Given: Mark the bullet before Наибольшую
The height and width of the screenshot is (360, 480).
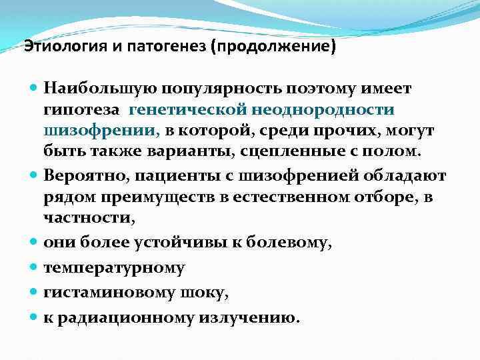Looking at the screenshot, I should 34,88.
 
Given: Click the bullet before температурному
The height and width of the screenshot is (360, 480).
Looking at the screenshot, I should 34,268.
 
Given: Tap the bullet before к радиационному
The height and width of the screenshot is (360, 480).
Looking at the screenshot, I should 34,317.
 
